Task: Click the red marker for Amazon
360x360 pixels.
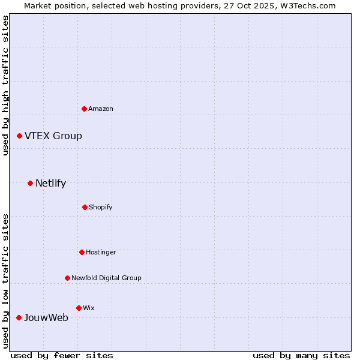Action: (84, 109)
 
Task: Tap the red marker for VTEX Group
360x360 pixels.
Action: (19, 136)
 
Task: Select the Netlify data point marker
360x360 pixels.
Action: (30, 183)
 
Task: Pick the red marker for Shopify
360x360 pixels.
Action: (85, 207)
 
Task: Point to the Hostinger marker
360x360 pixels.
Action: (82, 252)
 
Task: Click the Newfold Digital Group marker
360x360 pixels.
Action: (67, 278)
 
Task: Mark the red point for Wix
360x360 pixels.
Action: (79, 308)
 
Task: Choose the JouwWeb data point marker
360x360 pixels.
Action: (19, 317)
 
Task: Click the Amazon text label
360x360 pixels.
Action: (101, 109)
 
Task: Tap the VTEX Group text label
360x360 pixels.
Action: (53, 136)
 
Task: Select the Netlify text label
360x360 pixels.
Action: (50, 184)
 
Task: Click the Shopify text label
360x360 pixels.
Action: (101, 207)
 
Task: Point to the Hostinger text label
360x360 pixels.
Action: (101, 252)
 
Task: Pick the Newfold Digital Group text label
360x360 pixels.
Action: (106, 278)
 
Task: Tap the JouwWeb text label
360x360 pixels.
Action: (46, 318)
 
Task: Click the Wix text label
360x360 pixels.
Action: (89, 308)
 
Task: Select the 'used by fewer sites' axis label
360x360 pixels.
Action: (62, 355)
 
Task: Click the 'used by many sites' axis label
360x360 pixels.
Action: (301, 355)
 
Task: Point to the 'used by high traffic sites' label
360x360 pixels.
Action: (5, 86)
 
